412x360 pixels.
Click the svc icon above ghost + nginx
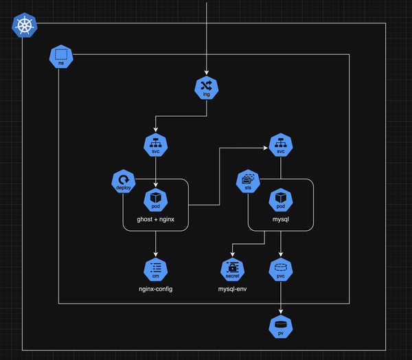tap(156, 146)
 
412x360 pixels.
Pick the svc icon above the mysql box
tap(280, 146)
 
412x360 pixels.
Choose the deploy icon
tap(123, 181)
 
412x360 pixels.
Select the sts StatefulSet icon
tap(248, 181)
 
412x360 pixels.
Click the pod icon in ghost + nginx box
tap(156, 200)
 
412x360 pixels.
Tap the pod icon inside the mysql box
tap(280, 200)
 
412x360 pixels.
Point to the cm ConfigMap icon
tap(156, 269)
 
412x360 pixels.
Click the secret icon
tap(233, 269)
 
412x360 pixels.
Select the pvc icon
tap(280, 269)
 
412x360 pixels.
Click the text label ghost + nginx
tap(156, 220)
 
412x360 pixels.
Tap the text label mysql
tap(280, 220)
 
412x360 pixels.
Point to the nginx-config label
tap(156, 289)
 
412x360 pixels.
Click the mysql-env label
tap(233, 289)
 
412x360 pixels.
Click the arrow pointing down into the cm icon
tap(156, 244)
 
